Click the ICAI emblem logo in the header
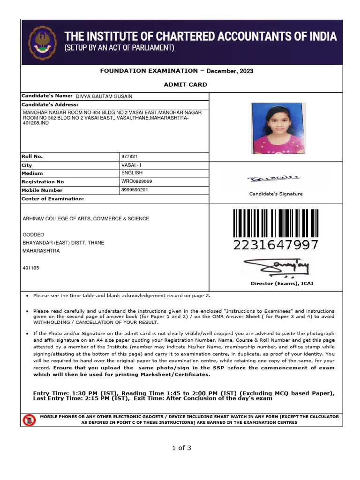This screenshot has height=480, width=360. tap(43, 42)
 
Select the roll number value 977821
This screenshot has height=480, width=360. tap(129, 157)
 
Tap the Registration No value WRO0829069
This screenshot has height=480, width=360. tap(136, 181)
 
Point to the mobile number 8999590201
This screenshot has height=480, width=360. tap(135, 190)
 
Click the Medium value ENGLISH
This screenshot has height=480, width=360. tap(132, 173)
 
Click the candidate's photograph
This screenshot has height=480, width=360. tap(278, 128)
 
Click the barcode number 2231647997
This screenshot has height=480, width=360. tap(276, 245)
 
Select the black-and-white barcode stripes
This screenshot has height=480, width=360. tap(276, 223)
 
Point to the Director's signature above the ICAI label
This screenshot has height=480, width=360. tap(277, 268)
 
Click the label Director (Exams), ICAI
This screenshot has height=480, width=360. tap(282, 284)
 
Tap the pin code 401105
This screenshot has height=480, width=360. tap(31, 268)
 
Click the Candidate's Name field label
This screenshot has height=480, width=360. tap(47, 96)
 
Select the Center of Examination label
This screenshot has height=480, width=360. tap(52, 199)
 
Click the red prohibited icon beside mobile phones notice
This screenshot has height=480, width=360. tap(29, 420)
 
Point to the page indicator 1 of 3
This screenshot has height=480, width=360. tap(181, 448)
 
